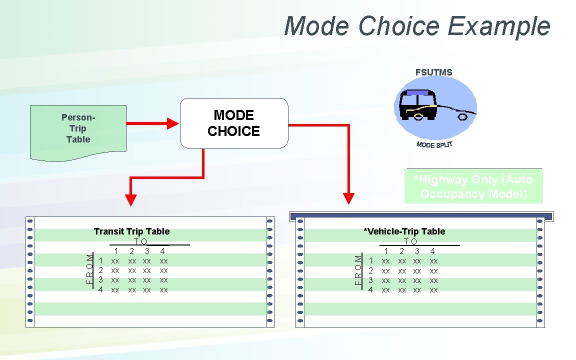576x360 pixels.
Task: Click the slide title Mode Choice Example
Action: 417,26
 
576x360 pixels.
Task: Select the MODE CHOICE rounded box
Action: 234,123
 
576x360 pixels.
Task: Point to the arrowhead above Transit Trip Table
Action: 130,199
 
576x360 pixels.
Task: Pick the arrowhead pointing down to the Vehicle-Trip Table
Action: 348,199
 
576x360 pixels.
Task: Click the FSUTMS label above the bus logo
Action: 433,72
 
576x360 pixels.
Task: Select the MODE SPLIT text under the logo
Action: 434,144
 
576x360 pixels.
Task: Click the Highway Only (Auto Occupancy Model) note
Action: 473,186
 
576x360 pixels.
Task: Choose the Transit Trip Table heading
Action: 131,231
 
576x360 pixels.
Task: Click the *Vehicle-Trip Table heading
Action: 404,231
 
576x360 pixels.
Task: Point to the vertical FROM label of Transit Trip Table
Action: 89,269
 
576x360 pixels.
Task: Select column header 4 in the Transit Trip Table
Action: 162,251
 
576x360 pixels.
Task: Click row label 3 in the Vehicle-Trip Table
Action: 370,280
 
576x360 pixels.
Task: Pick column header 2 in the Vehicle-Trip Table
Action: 401,251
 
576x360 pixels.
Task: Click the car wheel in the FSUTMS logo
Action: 462,117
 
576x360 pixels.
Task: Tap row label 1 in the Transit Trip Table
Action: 101,260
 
